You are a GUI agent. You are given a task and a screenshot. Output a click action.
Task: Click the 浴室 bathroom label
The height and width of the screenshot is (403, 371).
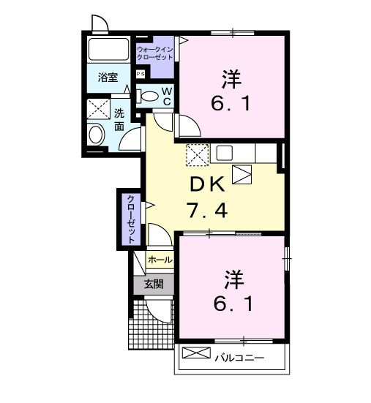[108, 77]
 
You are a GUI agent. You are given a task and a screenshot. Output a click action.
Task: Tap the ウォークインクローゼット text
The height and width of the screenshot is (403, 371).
[154, 53]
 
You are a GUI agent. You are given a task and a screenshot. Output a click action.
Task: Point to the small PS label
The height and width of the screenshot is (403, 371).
[140, 74]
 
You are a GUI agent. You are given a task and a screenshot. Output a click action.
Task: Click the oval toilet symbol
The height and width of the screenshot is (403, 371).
[149, 97]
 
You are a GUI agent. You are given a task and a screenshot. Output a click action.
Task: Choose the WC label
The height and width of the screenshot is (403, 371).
[167, 97]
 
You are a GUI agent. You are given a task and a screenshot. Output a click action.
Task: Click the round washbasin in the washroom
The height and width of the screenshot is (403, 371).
[96, 135]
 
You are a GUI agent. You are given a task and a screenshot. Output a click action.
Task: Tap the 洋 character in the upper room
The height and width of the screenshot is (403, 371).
[231, 78]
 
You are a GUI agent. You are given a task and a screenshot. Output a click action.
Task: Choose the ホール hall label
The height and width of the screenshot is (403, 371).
[160, 260]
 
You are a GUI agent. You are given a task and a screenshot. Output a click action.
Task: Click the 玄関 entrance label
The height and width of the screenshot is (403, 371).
[153, 284]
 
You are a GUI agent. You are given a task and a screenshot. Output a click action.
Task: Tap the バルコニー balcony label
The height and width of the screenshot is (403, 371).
[239, 358]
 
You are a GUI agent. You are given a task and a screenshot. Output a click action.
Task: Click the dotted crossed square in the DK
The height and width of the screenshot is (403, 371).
[195, 154]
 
